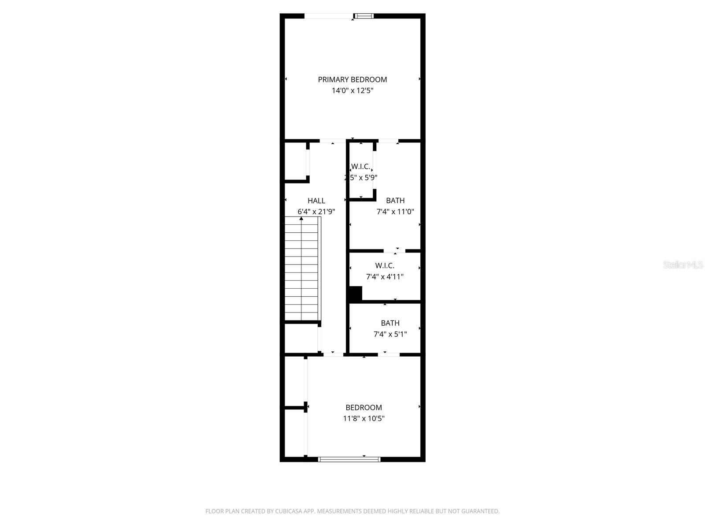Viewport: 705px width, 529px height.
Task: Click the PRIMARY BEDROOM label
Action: (x=352, y=79)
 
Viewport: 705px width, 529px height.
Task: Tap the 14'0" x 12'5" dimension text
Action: (x=352, y=91)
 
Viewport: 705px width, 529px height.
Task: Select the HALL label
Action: (x=316, y=201)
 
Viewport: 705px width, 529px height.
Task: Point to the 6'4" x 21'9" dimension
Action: (x=316, y=212)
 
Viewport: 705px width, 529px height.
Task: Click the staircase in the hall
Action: (x=301, y=269)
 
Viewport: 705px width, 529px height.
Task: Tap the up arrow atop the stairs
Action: (x=301, y=218)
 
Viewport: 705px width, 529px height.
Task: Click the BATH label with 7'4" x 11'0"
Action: (x=395, y=201)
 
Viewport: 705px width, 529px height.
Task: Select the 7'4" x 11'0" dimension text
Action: (x=395, y=212)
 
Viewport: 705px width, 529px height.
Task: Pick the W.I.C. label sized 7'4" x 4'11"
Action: (x=385, y=265)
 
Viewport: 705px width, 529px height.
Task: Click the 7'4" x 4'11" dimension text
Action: (x=385, y=277)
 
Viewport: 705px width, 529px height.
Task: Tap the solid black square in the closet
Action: (x=355, y=293)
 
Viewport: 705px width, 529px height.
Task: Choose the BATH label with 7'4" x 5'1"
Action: (x=390, y=323)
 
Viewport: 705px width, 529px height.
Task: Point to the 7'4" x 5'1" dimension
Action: (x=390, y=334)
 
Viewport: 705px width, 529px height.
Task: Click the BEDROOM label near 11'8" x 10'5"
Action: (x=364, y=407)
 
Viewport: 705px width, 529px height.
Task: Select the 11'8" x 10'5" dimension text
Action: (x=364, y=418)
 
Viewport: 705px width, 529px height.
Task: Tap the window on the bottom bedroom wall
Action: (x=349, y=459)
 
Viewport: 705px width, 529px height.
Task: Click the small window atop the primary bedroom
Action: (x=364, y=16)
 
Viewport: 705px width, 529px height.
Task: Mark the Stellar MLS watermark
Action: (x=683, y=265)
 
